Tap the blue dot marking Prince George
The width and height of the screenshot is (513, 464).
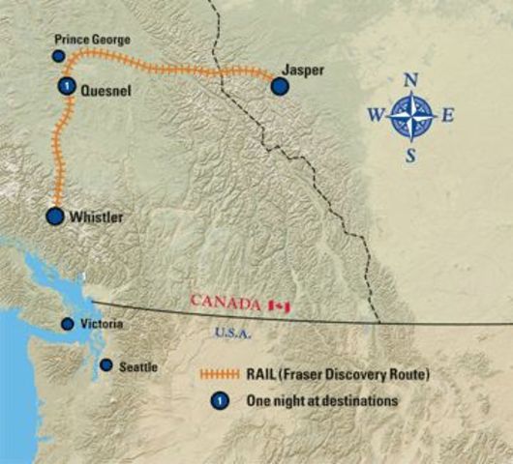[x=59, y=57]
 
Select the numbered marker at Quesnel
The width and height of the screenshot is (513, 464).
[x=65, y=87]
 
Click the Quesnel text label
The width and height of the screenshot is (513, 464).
[x=104, y=90]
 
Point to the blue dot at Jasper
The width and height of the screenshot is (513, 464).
[x=280, y=87]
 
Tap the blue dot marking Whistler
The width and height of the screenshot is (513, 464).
[x=55, y=217]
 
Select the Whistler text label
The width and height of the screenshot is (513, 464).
[x=97, y=218]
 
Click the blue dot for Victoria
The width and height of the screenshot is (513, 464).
[x=67, y=324]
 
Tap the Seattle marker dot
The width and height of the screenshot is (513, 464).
[x=106, y=365]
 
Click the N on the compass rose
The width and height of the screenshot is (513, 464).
[x=410, y=79]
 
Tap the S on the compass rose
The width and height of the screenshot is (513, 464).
[x=410, y=155]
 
